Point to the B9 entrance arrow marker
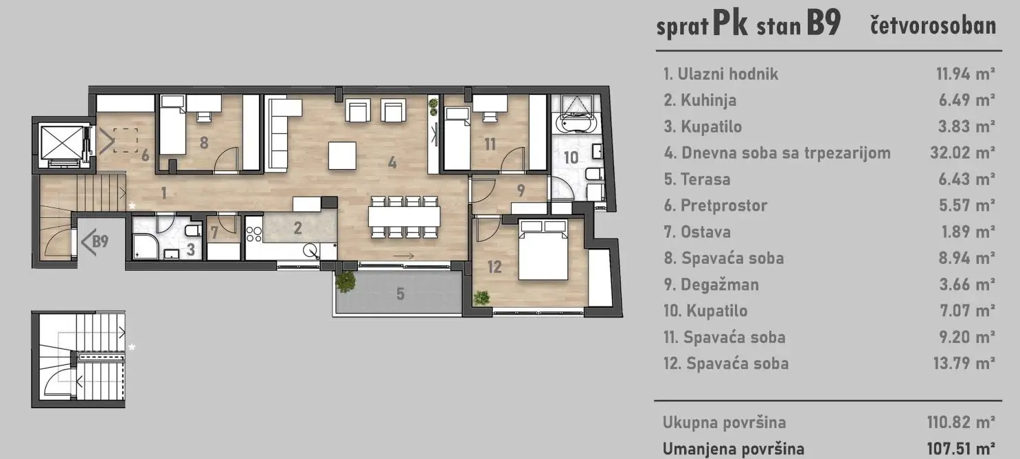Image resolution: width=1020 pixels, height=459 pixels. pos(95,241)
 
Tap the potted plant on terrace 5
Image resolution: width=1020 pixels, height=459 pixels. pos(345,281)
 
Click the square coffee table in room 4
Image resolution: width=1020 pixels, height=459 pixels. pos(342,155)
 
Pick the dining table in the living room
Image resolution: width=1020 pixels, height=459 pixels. pos(404,216)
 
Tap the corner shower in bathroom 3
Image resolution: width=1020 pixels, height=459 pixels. pos(145,243)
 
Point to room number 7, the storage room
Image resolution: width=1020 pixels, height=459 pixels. pos(214,232)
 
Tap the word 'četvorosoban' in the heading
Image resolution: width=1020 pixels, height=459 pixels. pos(932,25)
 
